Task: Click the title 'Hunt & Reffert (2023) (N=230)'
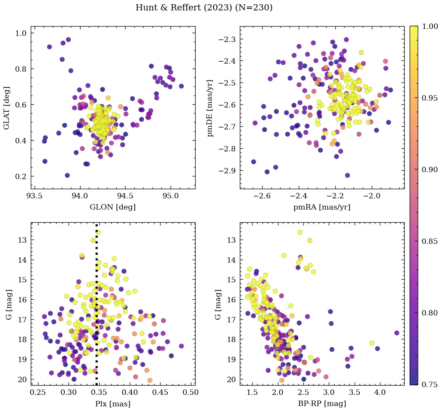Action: [x=204, y=8]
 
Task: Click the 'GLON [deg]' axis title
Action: [x=113, y=207]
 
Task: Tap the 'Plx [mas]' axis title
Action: [x=113, y=404]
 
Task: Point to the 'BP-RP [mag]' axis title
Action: [x=322, y=404]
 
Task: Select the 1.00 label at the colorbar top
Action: [x=429, y=26]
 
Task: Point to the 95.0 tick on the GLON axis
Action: [x=170, y=196]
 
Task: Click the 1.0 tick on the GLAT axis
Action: [x=21, y=33]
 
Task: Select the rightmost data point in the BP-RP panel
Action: [x=397, y=333]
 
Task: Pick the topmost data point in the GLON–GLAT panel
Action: [x=68, y=40]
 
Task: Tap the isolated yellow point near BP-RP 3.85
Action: [x=372, y=343]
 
